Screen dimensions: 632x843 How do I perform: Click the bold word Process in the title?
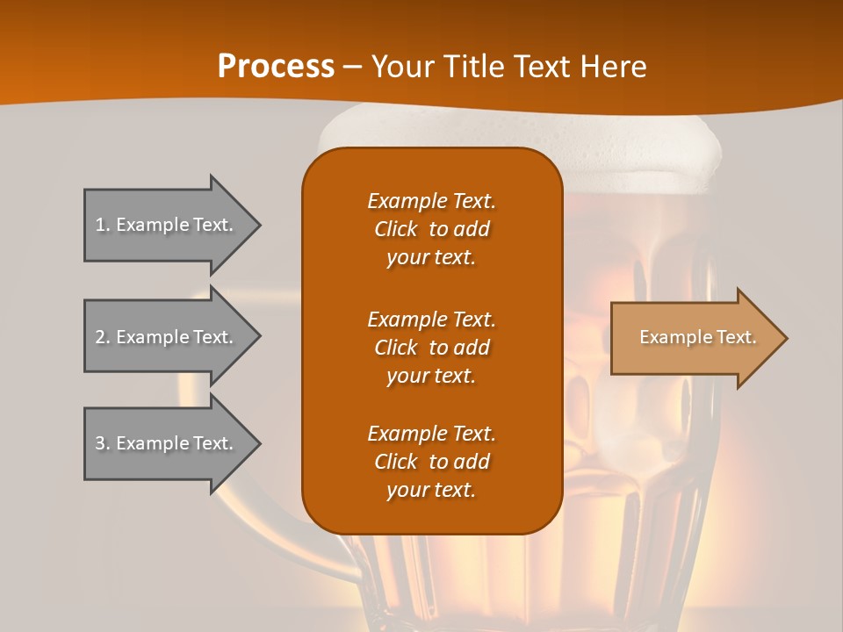click(x=276, y=67)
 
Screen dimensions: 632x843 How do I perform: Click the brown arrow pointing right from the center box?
click(x=694, y=338)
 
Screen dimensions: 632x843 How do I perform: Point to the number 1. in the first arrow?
click(x=103, y=225)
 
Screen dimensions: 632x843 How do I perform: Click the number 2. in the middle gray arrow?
click(x=103, y=337)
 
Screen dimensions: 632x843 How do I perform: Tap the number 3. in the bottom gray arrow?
click(x=103, y=443)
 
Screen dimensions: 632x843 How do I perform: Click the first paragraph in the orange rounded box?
click(x=431, y=229)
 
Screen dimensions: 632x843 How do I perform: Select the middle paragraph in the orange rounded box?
click(x=431, y=347)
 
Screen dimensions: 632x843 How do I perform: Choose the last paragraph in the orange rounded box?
click(x=431, y=462)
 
